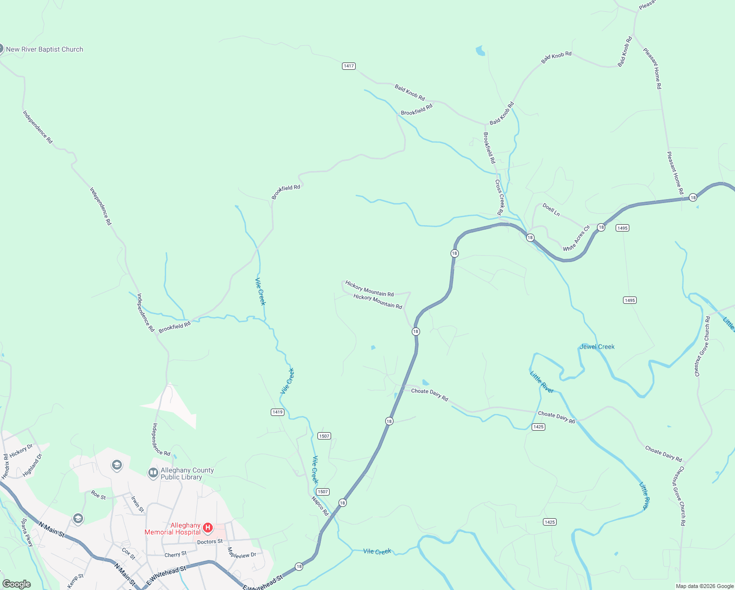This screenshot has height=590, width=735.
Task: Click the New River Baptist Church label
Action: tap(44, 49)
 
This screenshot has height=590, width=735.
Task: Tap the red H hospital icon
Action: tap(208, 528)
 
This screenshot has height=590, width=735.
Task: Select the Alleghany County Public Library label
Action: tap(187, 473)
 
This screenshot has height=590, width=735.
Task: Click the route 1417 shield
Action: tap(348, 66)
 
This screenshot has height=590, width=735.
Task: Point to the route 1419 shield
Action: tap(278, 412)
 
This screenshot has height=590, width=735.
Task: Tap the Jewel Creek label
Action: tap(597, 347)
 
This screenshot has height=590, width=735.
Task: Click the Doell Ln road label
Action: tap(551, 210)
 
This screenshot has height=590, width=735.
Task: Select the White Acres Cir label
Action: tap(576, 238)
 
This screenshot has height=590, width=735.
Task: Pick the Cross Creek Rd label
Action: tap(500, 197)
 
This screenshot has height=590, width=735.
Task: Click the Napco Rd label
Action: tap(319, 506)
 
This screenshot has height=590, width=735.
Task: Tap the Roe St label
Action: tap(98, 495)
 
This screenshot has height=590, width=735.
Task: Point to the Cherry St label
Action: tap(175, 555)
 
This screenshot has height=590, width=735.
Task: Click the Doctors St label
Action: tap(210, 542)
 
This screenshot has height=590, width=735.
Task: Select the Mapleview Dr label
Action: tap(242, 553)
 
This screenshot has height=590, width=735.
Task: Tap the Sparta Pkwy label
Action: tap(27, 532)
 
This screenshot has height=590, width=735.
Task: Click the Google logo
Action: tap(17, 584)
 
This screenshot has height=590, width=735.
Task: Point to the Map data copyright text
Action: tap(705, 586)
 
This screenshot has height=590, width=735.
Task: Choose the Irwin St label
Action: tap(137, 504)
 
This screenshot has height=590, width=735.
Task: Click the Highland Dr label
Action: tap(32, 465)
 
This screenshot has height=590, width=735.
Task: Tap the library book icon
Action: tap(153, 473)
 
